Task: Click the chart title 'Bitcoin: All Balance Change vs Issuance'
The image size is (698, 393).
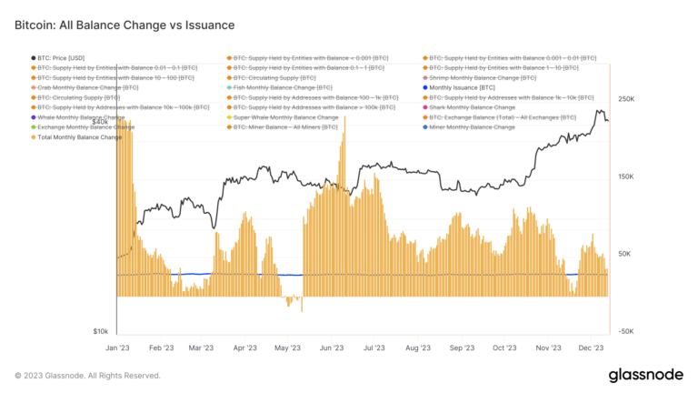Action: [125, 25]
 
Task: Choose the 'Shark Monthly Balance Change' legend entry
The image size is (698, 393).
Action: [472, 107]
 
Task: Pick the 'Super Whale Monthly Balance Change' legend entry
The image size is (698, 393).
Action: [285, 117]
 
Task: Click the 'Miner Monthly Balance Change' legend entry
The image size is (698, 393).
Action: [472, 127]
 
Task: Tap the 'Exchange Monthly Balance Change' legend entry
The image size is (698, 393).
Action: [86, 127]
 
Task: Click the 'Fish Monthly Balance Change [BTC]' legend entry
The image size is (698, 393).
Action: [282, 87]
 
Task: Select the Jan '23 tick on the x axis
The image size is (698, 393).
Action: [117, 348]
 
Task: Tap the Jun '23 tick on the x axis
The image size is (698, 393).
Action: [332, 348]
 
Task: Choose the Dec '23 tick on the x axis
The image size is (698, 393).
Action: [592, 348]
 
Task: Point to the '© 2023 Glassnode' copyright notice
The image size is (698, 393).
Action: [88, 375]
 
